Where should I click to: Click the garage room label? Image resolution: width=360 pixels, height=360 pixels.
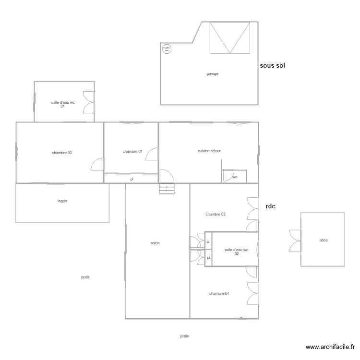tap(212, 74)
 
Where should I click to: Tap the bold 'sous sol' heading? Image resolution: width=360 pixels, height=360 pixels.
tap(273, 66)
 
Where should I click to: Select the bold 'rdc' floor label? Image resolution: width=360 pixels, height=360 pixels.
tap(270, 206)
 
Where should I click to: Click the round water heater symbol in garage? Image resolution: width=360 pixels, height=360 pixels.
tap(167, 48)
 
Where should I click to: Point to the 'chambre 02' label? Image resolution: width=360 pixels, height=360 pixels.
tap(62, 153)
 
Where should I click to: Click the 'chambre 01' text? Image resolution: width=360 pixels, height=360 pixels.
tap(132, 152)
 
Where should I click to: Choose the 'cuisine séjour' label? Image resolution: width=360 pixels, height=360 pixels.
tap(209, 151)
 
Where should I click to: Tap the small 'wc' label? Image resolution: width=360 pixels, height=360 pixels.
tap(235, 177)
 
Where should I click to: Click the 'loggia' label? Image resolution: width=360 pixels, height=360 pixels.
tap(62, 201)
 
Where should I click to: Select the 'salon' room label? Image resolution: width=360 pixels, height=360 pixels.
tap(155, 243)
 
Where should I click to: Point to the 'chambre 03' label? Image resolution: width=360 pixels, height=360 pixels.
tap(216, 215)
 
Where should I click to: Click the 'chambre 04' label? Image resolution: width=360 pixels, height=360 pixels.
tap(219, 293)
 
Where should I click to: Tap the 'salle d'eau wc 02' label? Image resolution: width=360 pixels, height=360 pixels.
tap(236, 252)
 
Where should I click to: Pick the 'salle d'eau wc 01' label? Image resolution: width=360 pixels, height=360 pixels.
tap(63, 104)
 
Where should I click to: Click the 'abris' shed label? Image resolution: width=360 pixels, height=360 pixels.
tap(324, 240)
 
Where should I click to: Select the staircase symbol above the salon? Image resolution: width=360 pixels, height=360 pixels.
tap(167, 189)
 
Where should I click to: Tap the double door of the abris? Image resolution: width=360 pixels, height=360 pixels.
tap(295, 240)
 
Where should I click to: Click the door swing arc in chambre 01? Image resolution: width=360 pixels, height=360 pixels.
tap(152, 155)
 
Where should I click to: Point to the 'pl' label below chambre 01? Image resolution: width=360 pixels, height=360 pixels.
tap(132, 179)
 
